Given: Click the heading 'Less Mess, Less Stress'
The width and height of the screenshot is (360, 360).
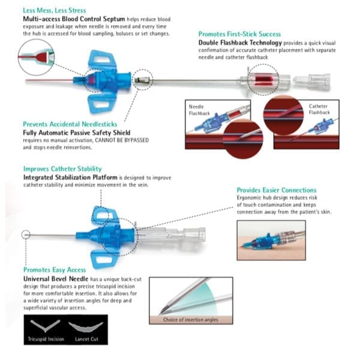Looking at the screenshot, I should click(54, 10).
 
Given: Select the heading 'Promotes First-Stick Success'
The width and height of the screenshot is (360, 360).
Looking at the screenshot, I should click(239, 34).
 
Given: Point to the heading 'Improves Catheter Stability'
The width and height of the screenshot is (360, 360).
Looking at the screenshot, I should click(62, 169).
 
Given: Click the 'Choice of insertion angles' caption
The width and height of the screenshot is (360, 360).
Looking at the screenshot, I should click(191, 320).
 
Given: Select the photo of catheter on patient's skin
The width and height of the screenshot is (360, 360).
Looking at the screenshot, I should click(271, 241).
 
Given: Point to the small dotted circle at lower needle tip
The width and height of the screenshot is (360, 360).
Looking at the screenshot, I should click(25, 233).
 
